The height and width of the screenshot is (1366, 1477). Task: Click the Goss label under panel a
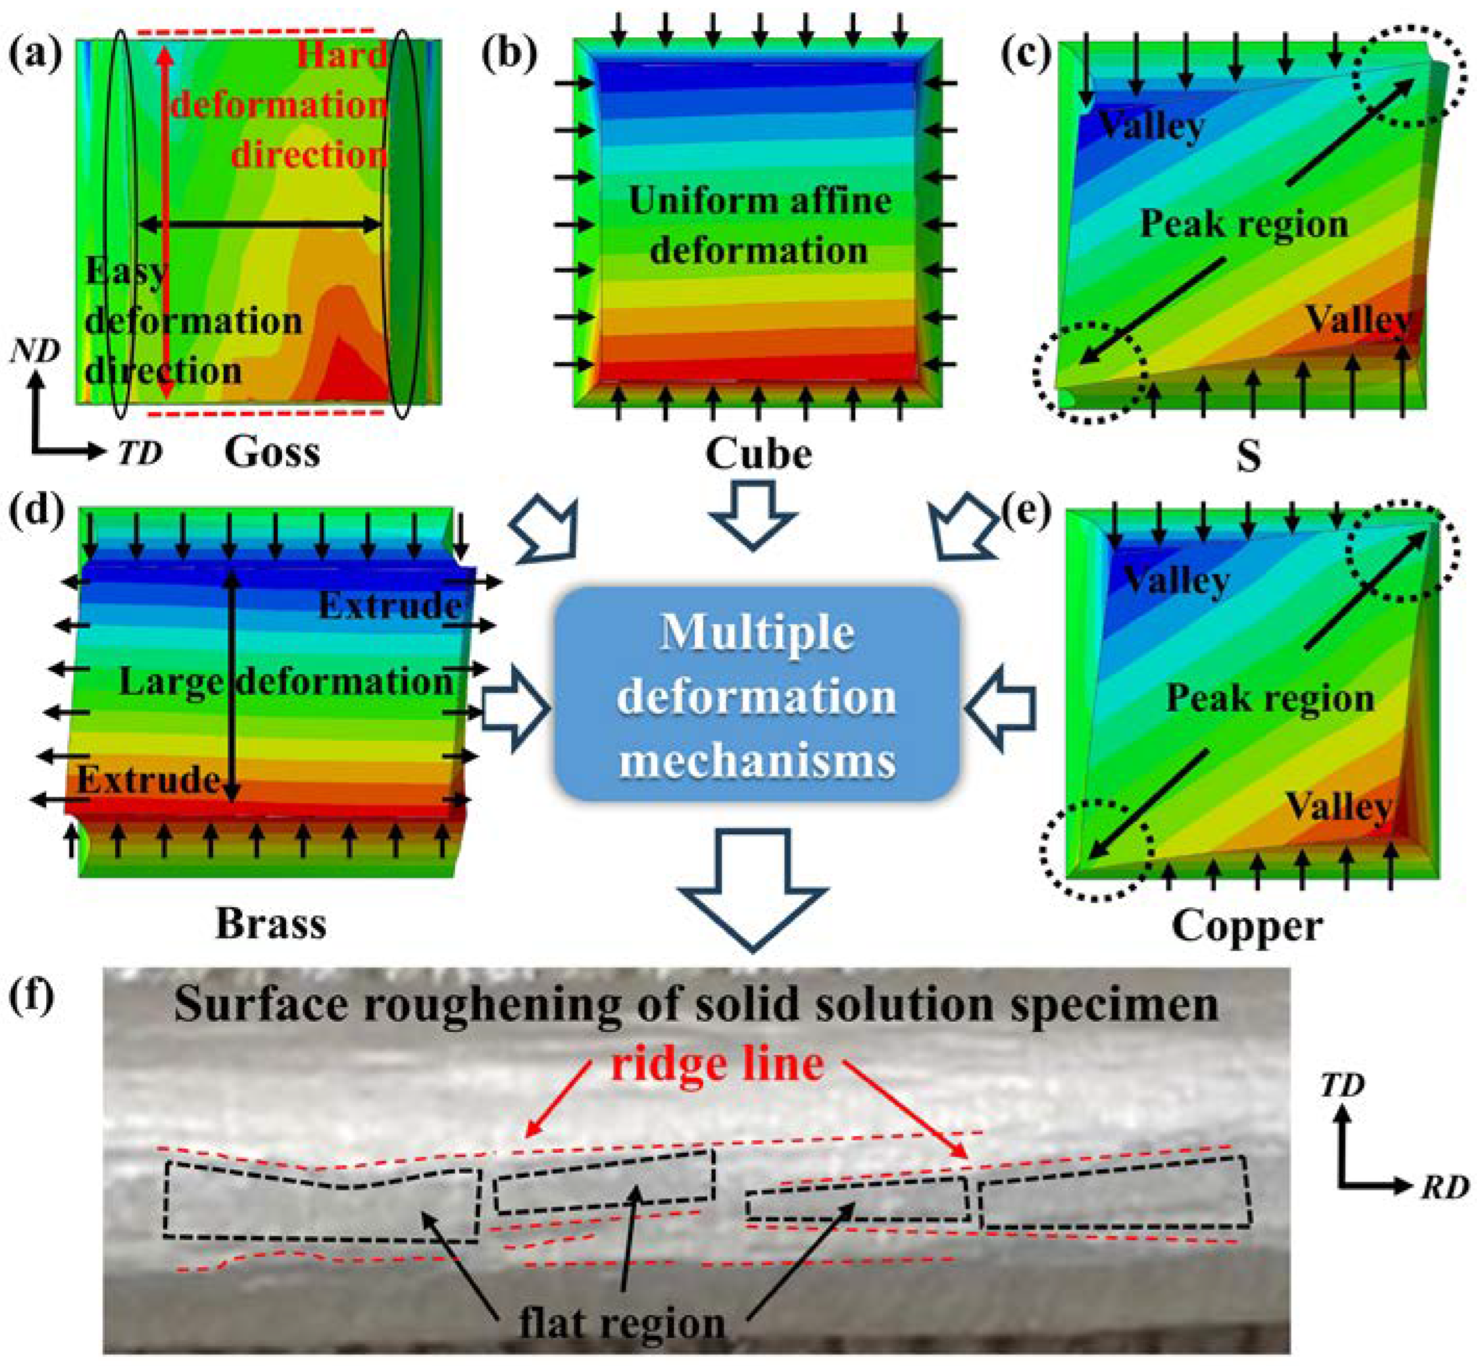[272, 451]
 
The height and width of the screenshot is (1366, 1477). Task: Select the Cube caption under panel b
[758, 453]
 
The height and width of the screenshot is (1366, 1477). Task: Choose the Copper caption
[1247, 926]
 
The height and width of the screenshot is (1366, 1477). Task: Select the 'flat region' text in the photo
[621, 1323]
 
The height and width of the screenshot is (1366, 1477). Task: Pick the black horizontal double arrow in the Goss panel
[260, 225]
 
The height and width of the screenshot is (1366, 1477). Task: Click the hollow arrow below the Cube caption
[752, 515]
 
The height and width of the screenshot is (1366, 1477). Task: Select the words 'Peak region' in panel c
[1244, 223]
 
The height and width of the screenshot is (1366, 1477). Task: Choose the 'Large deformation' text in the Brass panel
[286, 681]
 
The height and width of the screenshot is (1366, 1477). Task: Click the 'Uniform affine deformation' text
[759, 226]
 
